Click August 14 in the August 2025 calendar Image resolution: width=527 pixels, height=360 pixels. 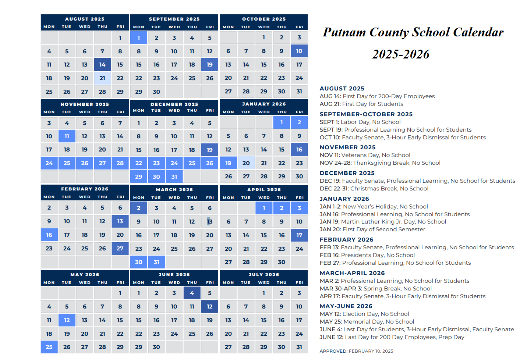[102, 65]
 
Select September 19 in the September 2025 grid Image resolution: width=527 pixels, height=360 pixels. [210, 65]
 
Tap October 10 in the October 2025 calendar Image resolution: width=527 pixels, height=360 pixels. [299, 51]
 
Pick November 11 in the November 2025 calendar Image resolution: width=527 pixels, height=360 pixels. [67, 136]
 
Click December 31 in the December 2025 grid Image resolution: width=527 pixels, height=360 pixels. [174, 177]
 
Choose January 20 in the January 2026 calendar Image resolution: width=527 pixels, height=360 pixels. [246, 163]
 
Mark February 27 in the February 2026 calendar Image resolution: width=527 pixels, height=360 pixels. [120, 249]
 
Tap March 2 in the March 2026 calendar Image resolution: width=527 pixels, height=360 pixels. [139, 208]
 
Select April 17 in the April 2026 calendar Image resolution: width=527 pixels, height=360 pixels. [299, 235]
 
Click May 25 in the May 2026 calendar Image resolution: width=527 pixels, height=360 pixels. [49, 347]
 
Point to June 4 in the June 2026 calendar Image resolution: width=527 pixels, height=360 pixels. [192, 293]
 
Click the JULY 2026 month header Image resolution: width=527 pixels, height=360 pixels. [263, 275]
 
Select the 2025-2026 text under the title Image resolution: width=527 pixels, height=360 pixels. [401, 54]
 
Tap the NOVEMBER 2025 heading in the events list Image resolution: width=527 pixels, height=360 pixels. [347, 147]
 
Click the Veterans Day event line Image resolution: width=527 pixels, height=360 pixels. [365, 155]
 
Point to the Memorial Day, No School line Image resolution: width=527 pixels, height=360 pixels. [367, 322]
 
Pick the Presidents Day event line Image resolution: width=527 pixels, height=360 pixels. [367, 255]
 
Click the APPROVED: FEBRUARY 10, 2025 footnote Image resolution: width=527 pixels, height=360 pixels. [356, 351]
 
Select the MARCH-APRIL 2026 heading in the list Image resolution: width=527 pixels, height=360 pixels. [352, 273]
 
